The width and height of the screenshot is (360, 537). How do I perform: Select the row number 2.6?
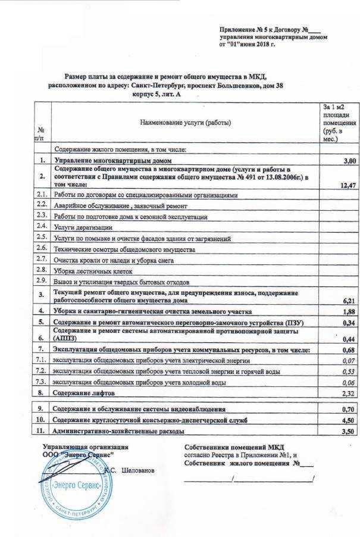pos(42,248)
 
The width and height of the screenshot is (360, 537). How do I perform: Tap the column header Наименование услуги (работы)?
pos(185,122)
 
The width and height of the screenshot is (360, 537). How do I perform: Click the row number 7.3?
pos(42,382)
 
